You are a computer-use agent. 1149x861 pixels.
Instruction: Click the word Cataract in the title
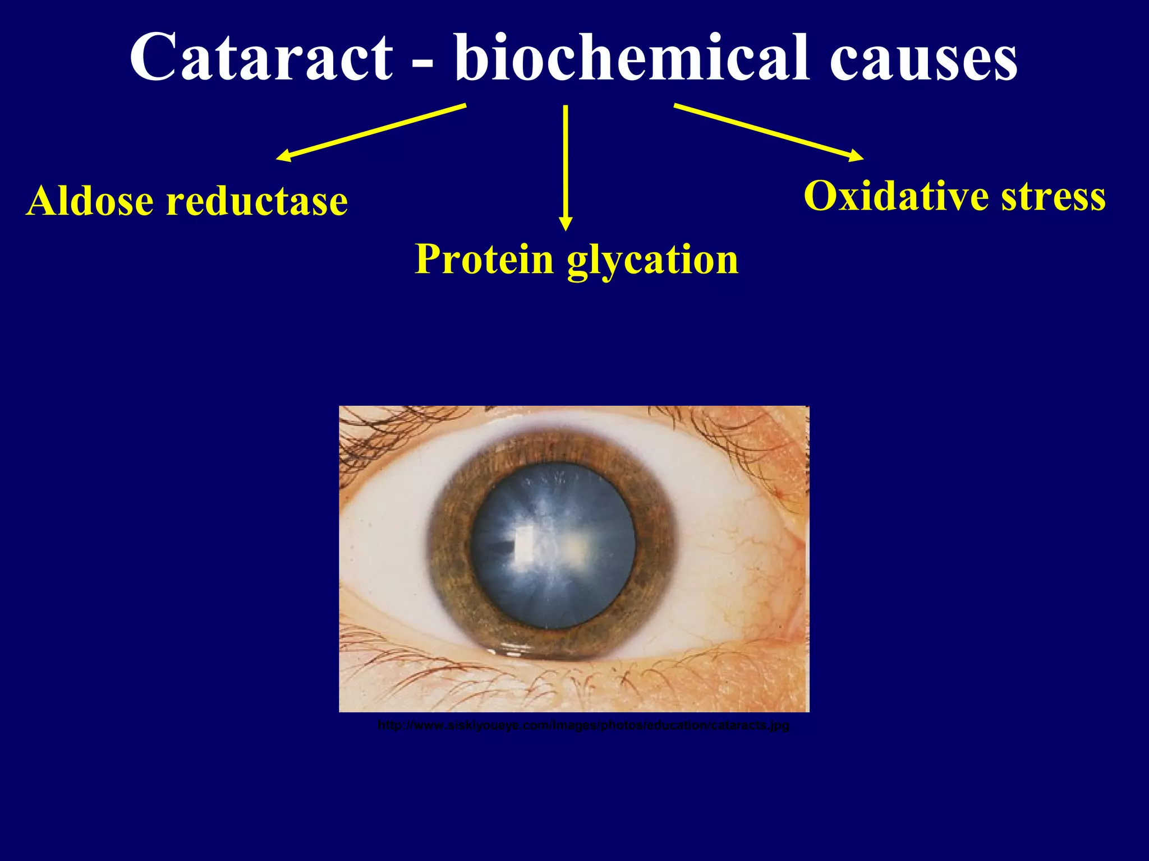coord(261,58)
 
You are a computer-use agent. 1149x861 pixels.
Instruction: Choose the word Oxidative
coord(896,196)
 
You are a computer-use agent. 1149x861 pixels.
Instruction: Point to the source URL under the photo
coord(583,725)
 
